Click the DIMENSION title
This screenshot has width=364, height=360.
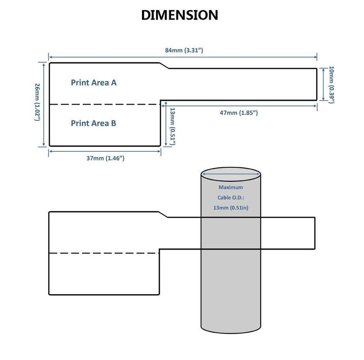(x=180, y=15)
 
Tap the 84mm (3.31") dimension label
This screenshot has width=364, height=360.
(x=184, y=50)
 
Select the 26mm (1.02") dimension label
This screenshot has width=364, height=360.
(x=37, y=102)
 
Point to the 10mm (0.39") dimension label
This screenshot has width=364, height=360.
(x=331, y=85)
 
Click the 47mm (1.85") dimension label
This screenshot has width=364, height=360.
(x=239, y=113)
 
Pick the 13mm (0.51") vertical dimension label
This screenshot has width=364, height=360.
(x=172, y=126)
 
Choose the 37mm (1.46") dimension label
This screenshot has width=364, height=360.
(x=106, y=158)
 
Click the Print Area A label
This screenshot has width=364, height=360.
(x=94, y=83)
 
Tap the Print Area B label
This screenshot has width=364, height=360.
(x=93, y=123)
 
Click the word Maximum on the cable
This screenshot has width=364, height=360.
(x=231, y=187)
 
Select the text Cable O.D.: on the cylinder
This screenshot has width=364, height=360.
(x=231, y=198)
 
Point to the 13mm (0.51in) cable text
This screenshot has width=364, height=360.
(x=231, y=208)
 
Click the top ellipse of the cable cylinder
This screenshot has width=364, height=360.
(x=231, y=167)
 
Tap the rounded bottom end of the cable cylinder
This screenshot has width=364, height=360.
(x=231, y=333)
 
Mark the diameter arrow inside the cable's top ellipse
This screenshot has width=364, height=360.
(x=231, y=174)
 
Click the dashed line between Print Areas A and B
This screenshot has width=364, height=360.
(x=105, y=105)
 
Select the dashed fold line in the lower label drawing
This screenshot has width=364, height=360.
(x=104, y=253)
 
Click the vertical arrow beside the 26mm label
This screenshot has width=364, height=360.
(x=44, y=105)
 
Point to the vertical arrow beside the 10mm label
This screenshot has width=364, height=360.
(x=324, y=85)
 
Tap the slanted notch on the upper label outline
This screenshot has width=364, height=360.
(x=164, y=65)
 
